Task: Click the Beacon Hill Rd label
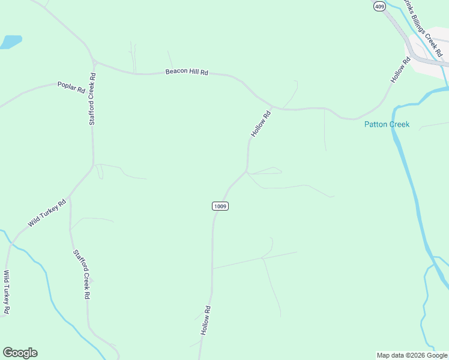point(187,72)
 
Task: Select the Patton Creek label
point(387,125)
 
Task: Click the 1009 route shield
point(220,206)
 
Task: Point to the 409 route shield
point(379,6)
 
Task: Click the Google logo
point(20,353)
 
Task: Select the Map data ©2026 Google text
point(412,355)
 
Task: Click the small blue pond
point(10,42)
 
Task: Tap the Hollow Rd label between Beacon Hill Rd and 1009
point(261,123)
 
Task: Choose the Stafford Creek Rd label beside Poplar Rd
point(92,99)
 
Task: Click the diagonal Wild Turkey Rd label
point(47,213)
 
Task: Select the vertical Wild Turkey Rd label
point(7,292)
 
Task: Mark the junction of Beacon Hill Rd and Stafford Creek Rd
point(95,61)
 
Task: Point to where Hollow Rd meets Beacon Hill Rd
point(273,108)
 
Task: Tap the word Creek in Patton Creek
point(398,125)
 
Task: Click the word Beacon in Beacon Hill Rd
point(176,72)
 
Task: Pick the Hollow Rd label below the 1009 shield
point(206,320)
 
